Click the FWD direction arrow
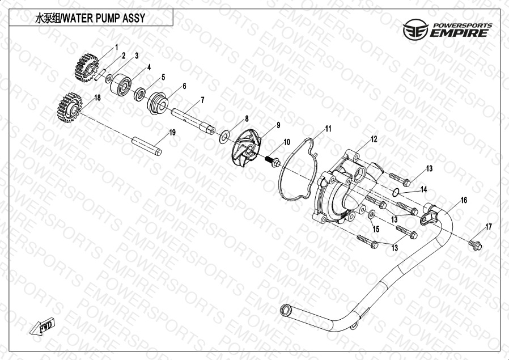click(43, 325)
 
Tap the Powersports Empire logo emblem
click(415, 29)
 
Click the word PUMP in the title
click(108, 18)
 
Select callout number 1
click(117, 48)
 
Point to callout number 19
click(172, 132)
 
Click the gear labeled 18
click(70, 108)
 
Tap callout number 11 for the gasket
click(328, 129)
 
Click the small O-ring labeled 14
click(395, 193)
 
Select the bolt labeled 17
click(475, 245)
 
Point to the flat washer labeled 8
click(224, 137)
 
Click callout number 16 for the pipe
click(464, 200)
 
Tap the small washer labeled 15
click(372, 214)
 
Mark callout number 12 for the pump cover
click(374, 139)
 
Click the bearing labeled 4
click(120, 84)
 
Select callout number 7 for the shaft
click(202, 100)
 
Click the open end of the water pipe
click(285, 310)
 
